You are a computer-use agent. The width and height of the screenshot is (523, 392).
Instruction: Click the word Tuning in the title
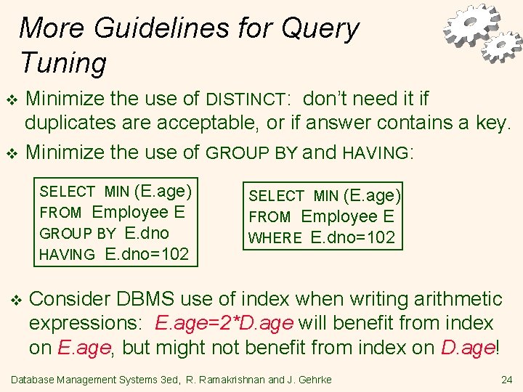(63, 63)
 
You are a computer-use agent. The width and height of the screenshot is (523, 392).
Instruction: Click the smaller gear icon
(502, 46)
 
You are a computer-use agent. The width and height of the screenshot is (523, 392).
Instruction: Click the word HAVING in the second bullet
(376, 153)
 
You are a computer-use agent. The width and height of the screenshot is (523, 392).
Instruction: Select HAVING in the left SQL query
(67, 255)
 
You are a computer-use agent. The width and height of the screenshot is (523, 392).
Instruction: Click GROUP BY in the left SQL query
(78, 234)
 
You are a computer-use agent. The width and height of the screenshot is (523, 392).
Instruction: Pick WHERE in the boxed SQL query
(275, 238)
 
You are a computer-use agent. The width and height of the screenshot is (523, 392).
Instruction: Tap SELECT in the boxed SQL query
(276, 196)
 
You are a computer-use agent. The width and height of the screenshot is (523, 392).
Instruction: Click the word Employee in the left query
(130, 213)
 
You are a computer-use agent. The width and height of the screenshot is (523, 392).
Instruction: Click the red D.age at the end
(467, 348)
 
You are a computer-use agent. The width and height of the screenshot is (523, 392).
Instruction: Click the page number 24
(506, 379)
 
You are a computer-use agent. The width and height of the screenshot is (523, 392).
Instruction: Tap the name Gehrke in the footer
(315, 379)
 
